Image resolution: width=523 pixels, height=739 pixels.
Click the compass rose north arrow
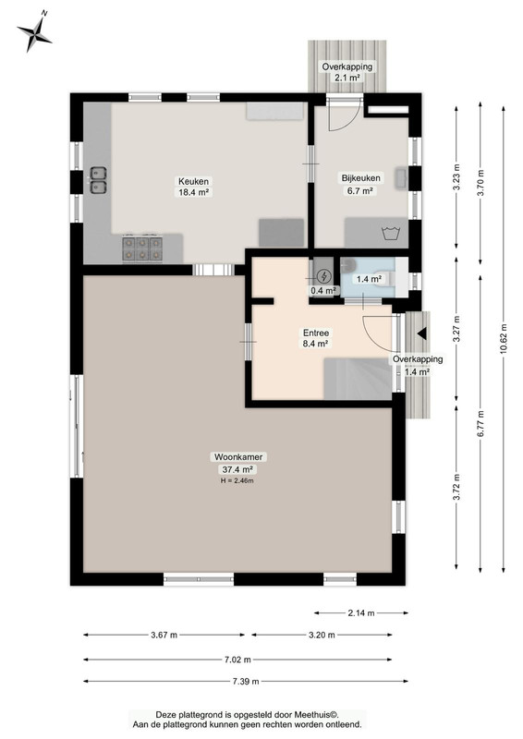coord(34,31)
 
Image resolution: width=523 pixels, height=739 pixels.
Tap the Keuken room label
coord(193,181)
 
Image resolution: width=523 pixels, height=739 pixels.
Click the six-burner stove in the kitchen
coord(142,248)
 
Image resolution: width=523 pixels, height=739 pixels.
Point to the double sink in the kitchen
coord(98,179)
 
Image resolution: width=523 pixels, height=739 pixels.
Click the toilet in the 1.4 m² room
coord(383,279)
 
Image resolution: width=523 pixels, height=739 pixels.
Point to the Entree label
coord(315,333)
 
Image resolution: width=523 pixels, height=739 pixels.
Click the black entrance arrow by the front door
coord(422,333)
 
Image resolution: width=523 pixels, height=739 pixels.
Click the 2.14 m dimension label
coord(361,612)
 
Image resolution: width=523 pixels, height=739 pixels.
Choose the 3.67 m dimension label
coord(164,635)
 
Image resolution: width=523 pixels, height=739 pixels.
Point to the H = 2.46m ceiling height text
coord(237,481)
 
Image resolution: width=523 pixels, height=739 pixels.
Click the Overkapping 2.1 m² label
coord(347,72)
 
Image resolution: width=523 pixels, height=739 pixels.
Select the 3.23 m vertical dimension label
coord(456,177)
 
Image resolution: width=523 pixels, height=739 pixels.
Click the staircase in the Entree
coord(358,379)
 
